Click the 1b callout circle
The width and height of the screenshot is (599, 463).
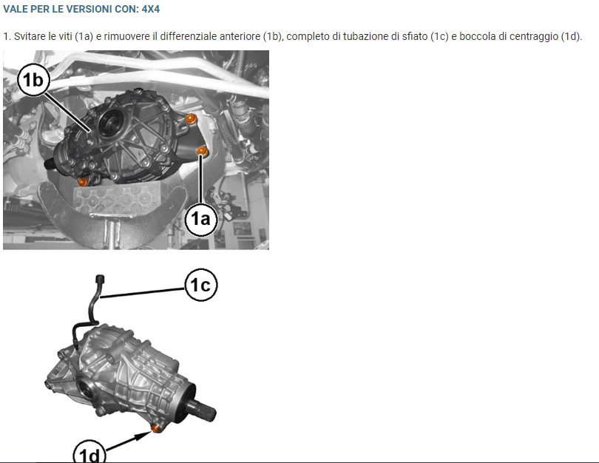pyautogui.click(x=33, y=80)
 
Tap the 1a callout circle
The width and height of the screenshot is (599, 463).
pyautogui.click(x=201, y=219)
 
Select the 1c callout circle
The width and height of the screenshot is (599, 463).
pyautogui.click(x=201, y=285)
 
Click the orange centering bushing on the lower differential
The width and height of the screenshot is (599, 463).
pyautogui.click(x=155, y=428)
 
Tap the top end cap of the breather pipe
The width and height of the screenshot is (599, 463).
pyautogui.click(x=101, y=279)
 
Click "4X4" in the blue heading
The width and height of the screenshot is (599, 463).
pyautogui.click(x=151, y=9)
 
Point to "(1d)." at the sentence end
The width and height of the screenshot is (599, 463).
pyautogui.click(x=571, y=37)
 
